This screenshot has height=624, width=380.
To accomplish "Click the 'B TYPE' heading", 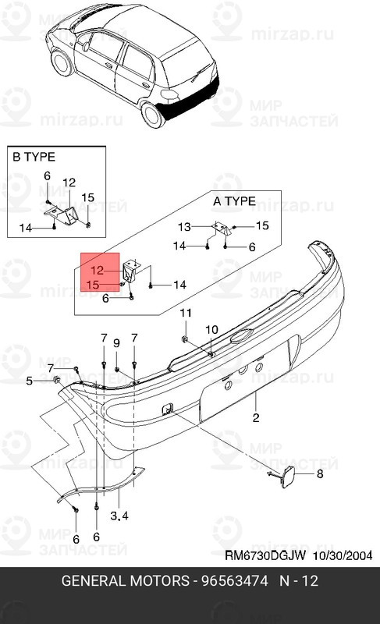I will click(x=33, y=156).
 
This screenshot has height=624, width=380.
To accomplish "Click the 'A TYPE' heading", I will click(x=234, y=200).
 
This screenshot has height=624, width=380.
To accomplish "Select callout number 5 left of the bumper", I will click(x=30, y=381).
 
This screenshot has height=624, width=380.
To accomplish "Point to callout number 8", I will click(x=318, y=474).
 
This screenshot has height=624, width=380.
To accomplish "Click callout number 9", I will click(x=116, y=343).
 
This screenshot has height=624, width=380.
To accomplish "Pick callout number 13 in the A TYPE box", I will click(x=184, y=227).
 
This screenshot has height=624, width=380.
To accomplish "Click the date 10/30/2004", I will click(x=338, y=557).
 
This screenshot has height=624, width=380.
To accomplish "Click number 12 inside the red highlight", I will click(x=97, y=271).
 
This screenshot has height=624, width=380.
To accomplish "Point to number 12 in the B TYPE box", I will click(x=69, y=183).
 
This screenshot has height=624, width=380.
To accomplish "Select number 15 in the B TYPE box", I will click(x=88, y=197).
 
